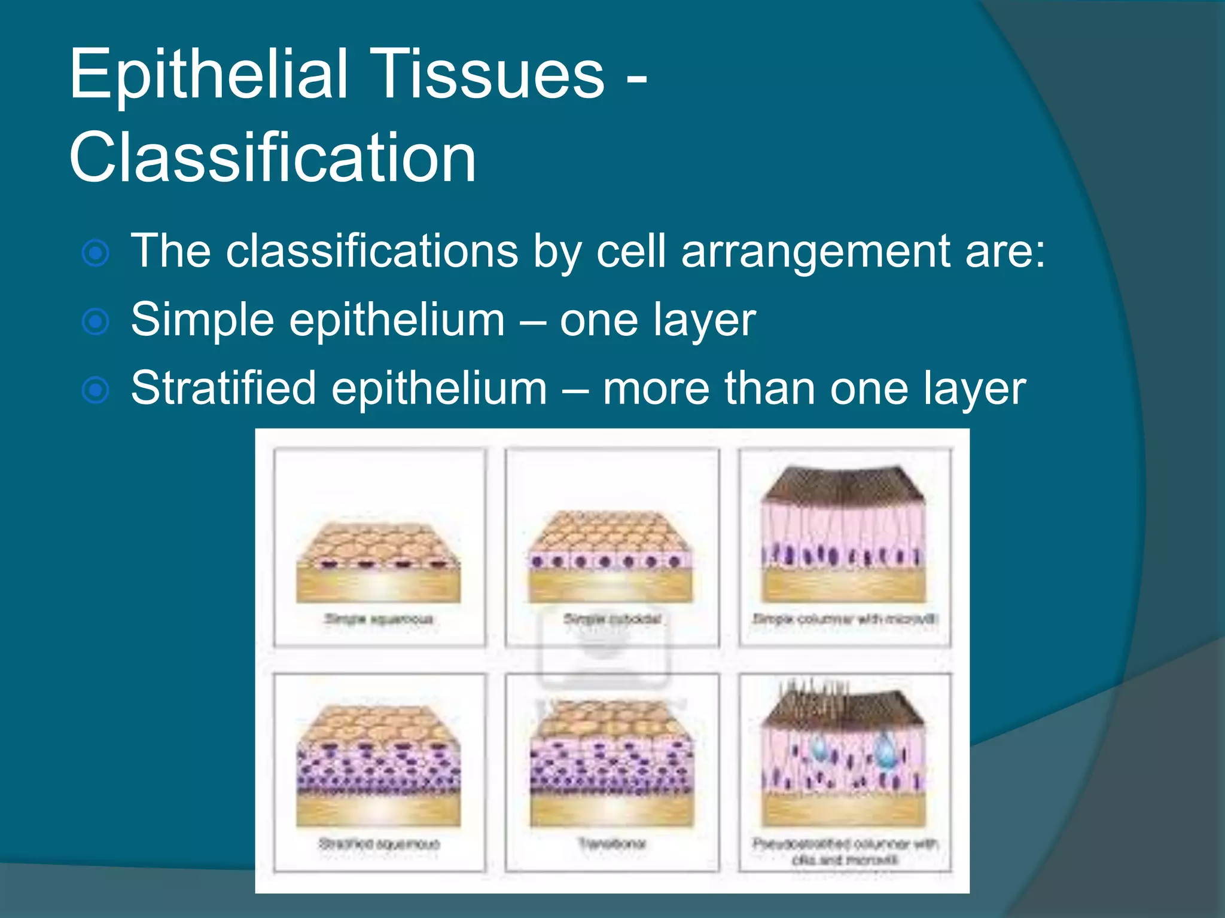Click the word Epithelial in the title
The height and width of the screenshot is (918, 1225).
click(208, 75)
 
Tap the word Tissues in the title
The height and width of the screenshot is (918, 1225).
click(490, 75)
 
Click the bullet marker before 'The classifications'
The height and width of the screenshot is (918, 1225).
click(96, 253)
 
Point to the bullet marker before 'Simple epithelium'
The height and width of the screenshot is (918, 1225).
click(96, 322)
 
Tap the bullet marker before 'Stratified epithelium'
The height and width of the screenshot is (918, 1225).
click(96, 390)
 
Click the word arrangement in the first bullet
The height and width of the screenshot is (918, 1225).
click(815, 252)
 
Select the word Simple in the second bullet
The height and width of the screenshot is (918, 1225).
click(202, 320)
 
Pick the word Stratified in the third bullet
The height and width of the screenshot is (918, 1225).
click(223, 388)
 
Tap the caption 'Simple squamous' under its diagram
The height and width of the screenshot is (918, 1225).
click(379, 619)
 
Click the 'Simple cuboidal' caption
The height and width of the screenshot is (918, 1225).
click(612, 619)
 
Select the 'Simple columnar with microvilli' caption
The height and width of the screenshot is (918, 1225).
click(845, 619)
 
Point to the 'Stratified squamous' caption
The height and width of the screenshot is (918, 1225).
click(379, 843)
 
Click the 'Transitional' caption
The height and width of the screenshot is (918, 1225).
click(612, 843)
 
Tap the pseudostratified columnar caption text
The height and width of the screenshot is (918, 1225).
click(845, 851)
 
